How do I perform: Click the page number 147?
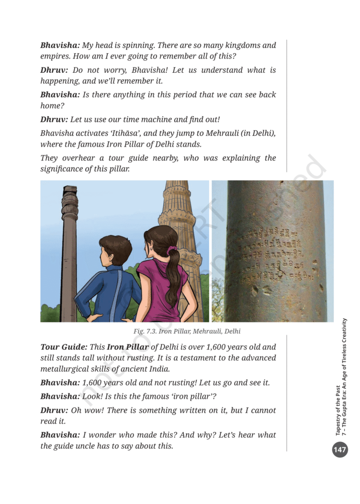click(x=340, y=449)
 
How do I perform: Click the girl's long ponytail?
click(x=173, y=281)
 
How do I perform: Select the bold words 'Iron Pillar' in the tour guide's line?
click(x=127, y=347)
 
